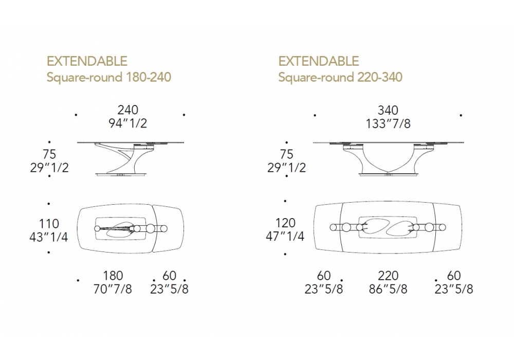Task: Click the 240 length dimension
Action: pos(128,110)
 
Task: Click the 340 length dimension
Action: pos(388,110)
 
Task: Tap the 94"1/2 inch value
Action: pos(128,123)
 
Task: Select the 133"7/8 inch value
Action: pos(388,123)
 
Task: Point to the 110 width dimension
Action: pos(49,224)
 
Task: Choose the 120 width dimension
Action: pos(285,223)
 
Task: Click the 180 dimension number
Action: pos(113,276)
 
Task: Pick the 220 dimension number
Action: pos(388,276)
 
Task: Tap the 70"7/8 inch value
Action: pos(113,289)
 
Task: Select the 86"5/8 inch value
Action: pos(388,289)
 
